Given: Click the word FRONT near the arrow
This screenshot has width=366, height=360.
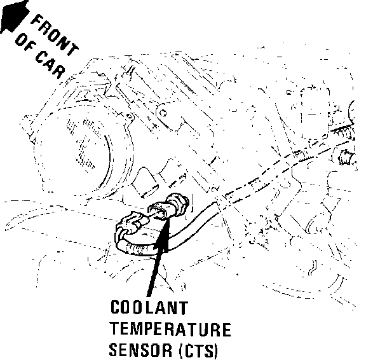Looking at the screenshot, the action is [55, 35].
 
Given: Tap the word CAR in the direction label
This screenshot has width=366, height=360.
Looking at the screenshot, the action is [50, 64].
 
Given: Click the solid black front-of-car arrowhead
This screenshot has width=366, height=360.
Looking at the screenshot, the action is [15, 16].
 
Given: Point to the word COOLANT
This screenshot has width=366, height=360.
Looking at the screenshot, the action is [149, 307].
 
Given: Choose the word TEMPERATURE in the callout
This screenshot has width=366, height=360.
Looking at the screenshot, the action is [170, 329].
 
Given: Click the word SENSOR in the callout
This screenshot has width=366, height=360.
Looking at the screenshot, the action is [141, 350].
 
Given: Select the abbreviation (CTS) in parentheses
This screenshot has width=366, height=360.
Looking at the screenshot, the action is [198, 350].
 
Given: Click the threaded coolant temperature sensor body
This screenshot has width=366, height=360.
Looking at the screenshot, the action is [178, 204].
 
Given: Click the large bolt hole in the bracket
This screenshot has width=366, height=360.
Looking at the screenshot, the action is [163, 114].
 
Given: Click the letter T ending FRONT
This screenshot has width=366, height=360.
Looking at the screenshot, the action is [73, 50].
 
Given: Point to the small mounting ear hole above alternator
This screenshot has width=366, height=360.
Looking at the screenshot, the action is [129, 116].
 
